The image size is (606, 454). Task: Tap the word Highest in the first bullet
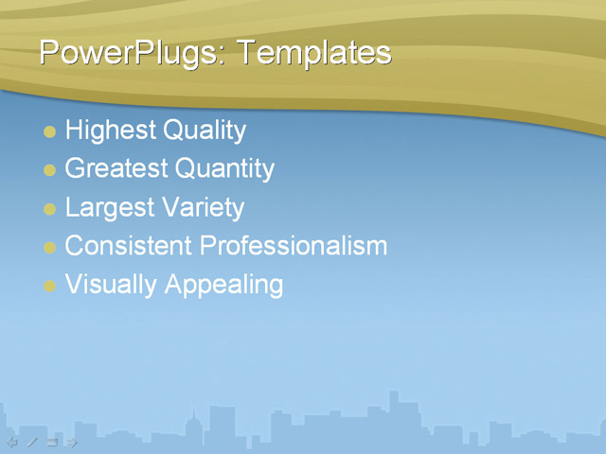coord(110,131)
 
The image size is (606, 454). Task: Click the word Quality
coord(205,131)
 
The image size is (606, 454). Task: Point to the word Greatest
coord(116,169)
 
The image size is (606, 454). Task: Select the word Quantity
coord(224,169)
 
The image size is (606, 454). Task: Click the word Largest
coord(108,208)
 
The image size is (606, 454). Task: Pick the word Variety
coord(203,208)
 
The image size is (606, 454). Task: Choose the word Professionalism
coord(294,246)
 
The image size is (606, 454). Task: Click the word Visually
coord(111,285)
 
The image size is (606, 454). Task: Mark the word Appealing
coord(223,285)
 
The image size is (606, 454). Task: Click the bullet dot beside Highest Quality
coord(50,131)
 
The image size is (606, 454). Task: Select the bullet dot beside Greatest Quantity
coord(50,170)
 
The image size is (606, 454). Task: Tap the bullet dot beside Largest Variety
coord(50,209)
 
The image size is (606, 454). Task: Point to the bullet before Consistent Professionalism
coord(50,248)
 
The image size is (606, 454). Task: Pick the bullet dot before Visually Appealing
coord(50,286)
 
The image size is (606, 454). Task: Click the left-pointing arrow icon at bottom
coord(12,442)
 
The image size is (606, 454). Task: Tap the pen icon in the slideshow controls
coord(32,442)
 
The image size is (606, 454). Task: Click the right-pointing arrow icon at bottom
coord(72,442)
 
